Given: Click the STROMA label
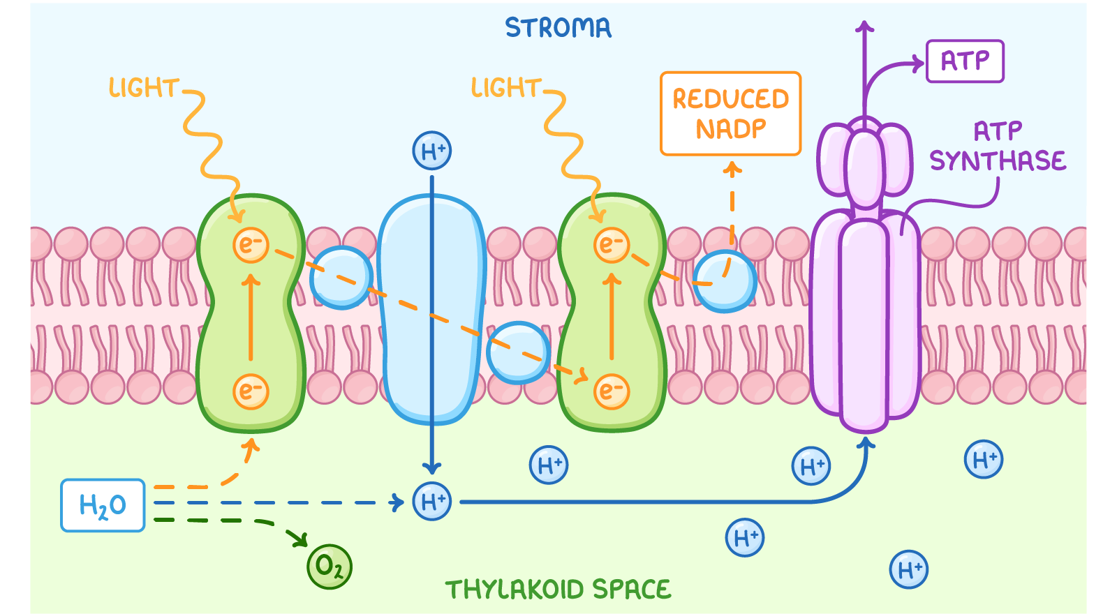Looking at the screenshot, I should coord(558,28).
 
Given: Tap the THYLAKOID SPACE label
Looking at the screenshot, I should coord(558,590).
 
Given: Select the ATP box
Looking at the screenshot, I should coord(965,61).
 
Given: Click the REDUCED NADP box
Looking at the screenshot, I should coord(730,113).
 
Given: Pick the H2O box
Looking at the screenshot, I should coord(103,505).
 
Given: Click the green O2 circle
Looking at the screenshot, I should coord(330,567).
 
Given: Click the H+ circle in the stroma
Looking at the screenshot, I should coord(432,151).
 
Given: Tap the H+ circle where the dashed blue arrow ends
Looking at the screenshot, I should coord(432,502).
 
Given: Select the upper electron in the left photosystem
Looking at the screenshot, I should coord(251,245).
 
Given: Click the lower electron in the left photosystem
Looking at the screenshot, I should coord(251,391).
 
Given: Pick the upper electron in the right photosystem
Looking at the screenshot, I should coord(612,245).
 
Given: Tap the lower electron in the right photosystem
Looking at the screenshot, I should coord(612,391).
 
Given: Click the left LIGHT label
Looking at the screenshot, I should coord(144,88).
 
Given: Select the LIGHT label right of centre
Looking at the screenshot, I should coord(506,88).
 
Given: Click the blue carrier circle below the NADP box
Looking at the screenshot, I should coord(725,280).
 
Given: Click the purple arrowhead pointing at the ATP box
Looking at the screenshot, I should coord(919,64).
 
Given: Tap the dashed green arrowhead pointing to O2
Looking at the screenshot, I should coord(302,540).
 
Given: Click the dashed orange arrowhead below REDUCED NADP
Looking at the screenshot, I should coord(732,168).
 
